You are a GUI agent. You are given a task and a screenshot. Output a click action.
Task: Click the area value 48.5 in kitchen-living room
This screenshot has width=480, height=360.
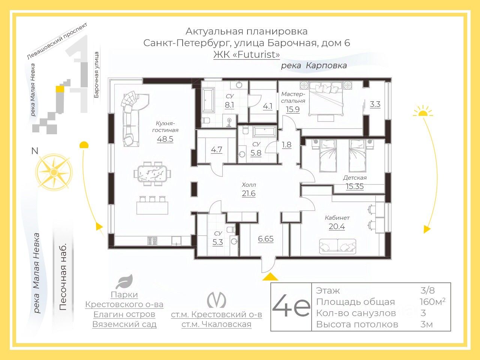click(x=165, y=139)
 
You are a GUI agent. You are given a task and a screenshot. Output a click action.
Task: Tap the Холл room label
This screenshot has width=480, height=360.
click(x=249, y=185)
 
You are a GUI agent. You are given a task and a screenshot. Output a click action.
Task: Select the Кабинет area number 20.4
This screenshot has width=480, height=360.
click(x=337, y=226)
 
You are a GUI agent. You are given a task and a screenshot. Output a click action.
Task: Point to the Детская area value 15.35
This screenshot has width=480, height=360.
click(x=355, y=186)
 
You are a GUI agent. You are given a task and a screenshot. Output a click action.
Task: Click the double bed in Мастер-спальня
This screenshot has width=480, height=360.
click(x=325, y=98)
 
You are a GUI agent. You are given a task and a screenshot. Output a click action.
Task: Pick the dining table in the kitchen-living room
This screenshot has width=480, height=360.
click(x=152, y=174)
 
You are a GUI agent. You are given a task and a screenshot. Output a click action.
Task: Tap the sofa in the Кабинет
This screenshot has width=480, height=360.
click(x=337, y=246)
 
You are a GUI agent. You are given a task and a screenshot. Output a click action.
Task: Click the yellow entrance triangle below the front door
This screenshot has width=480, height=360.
click(x=270, y=276)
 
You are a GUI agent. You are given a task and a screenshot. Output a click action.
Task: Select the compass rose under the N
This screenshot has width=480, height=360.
click(x=54, y=172)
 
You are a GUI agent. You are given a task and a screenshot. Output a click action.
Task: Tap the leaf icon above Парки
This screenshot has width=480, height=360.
click(x=124, y=282)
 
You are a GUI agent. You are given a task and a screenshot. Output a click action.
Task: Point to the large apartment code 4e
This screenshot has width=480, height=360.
click(x=291, y=306)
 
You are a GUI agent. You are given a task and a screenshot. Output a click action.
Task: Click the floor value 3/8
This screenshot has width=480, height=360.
click(x=427, y=291)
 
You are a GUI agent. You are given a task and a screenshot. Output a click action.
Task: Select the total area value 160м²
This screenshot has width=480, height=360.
click(x=432, y=301)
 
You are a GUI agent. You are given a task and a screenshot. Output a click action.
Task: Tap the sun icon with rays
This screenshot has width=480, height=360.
click(x=423, y=111)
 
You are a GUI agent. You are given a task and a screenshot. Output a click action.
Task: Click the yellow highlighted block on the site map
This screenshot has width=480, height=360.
click(x=60, y=88)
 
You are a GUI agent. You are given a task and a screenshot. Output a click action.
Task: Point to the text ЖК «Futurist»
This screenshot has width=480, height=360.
click(x=246, y=54)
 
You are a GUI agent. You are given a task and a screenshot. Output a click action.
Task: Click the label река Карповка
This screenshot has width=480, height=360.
click(x=314, y=65)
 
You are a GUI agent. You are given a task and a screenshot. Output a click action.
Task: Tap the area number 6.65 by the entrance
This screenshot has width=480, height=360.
click(x=266, y=239)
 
